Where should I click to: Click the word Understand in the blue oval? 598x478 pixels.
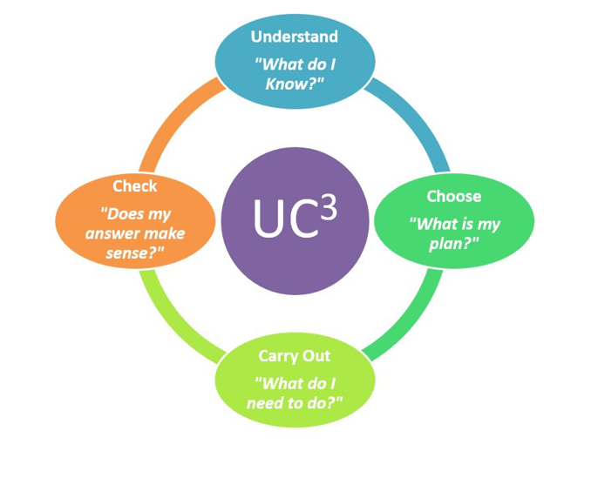pos(295,37)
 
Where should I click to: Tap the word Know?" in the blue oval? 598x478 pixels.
pos(295,84)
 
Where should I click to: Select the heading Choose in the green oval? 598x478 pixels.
pos(454,196)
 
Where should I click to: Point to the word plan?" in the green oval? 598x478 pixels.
pos(454,244)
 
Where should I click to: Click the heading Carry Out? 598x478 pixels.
pos(294,356)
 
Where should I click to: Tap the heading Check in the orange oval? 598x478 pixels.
pos(134,186)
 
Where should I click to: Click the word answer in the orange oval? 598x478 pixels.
pos(110,233)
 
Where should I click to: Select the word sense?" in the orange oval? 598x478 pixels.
pos(134,252)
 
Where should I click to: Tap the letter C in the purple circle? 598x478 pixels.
pos(302,219)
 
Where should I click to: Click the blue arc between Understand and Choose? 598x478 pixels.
pos(415,118)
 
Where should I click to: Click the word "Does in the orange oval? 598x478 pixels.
pos(123,213)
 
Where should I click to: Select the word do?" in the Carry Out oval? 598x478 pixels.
pos(324,402)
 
